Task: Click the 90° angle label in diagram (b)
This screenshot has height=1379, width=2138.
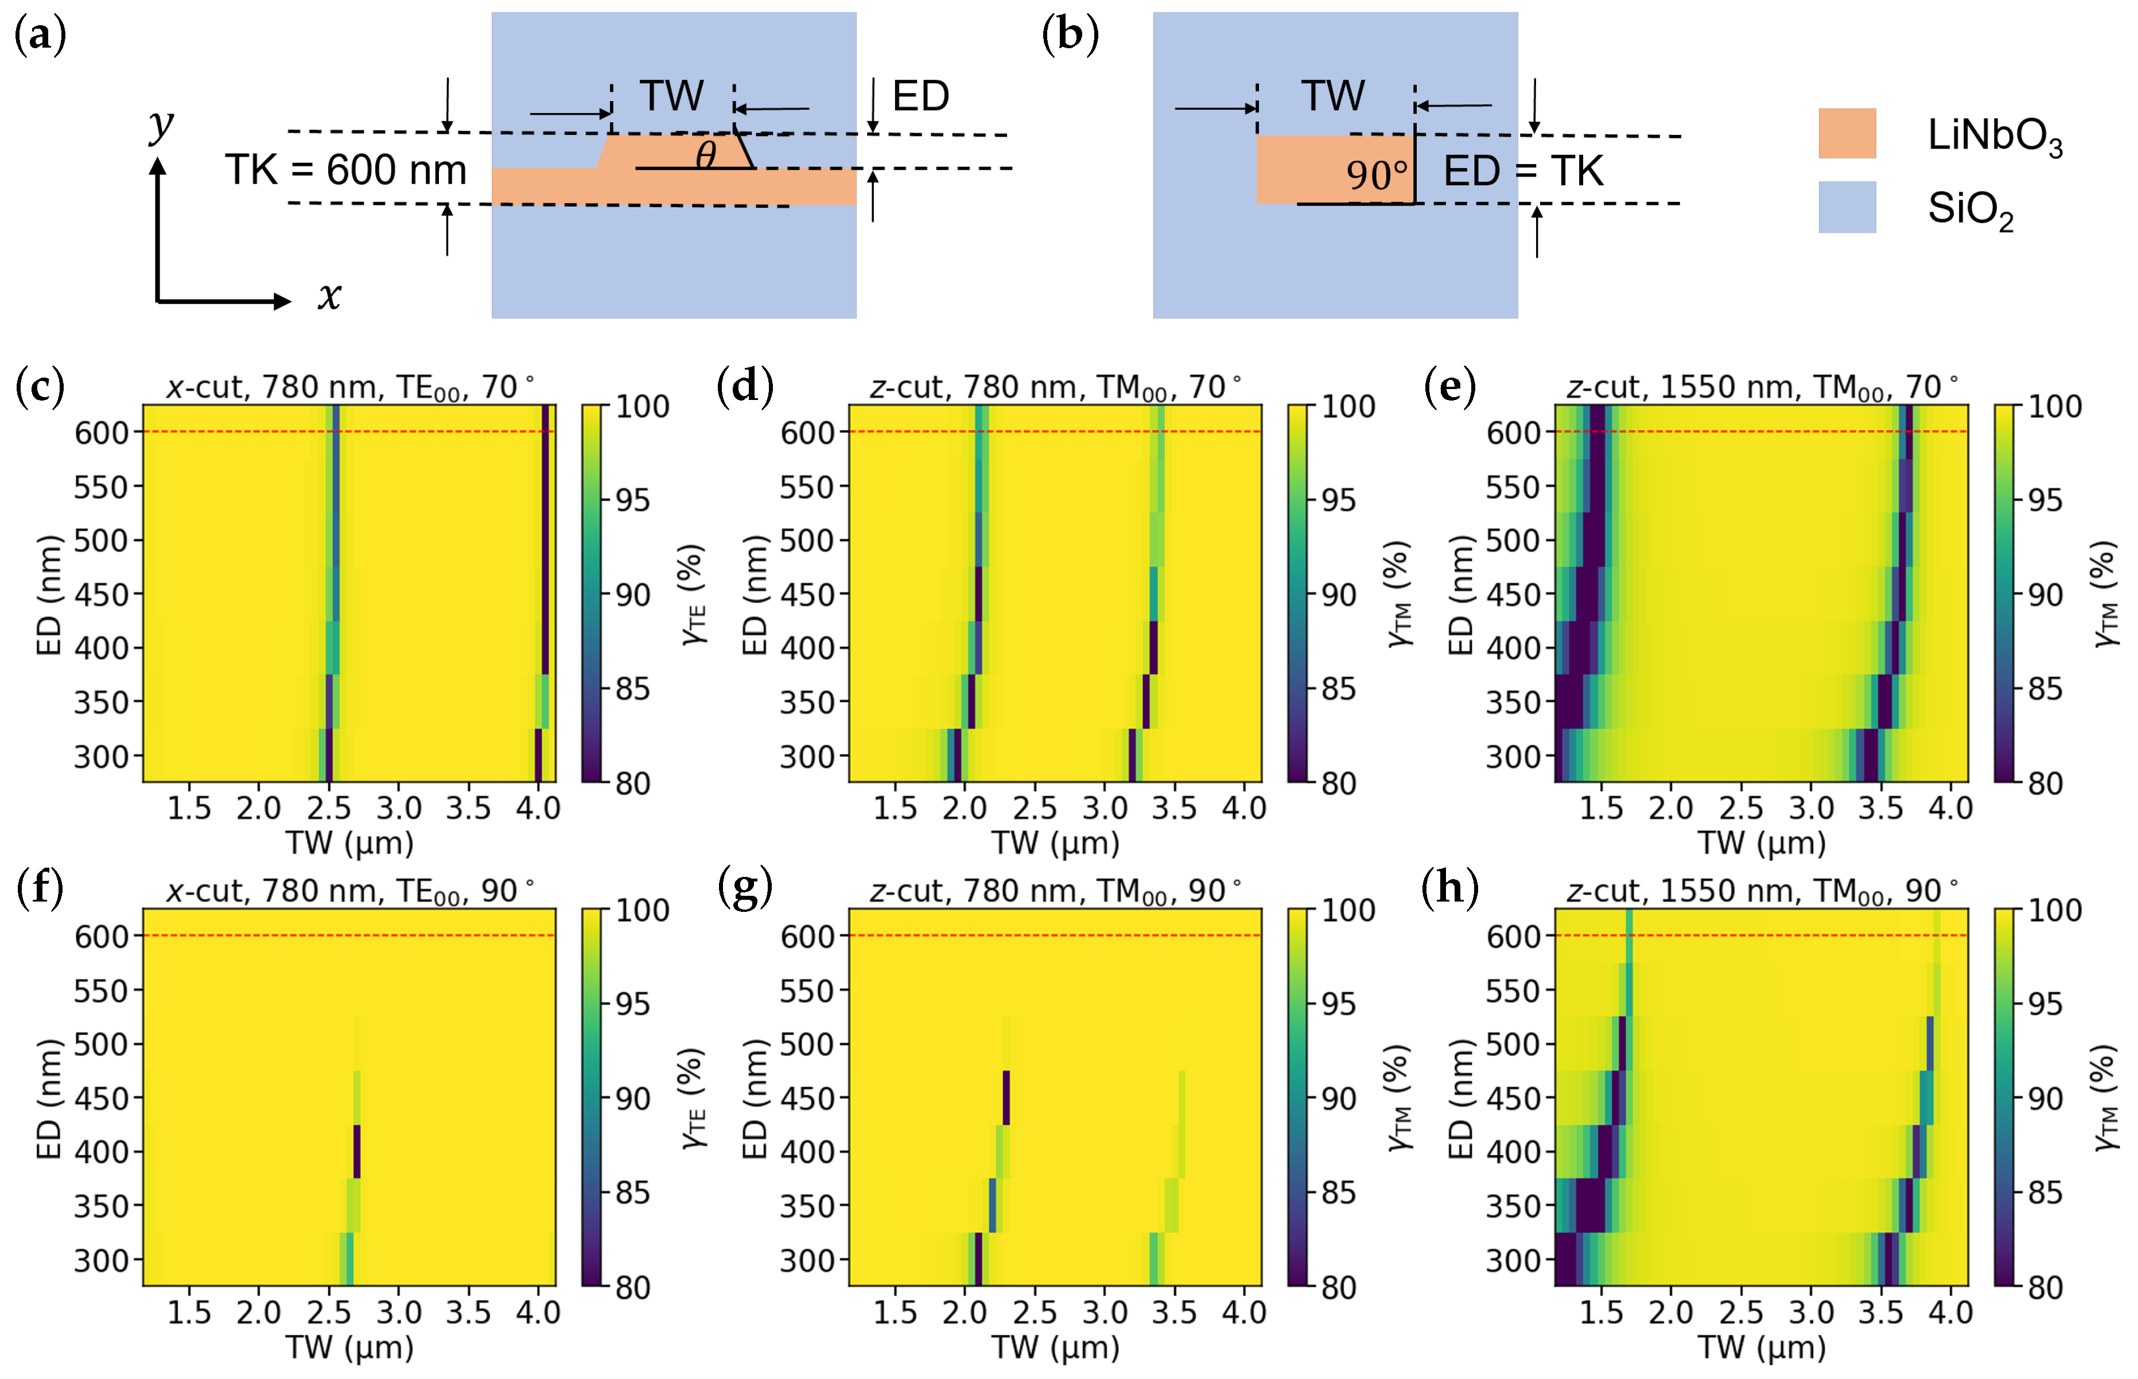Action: [1376, 174]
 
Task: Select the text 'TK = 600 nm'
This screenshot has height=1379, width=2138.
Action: [345, 170]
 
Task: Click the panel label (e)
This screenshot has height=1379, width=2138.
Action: [1449, 387]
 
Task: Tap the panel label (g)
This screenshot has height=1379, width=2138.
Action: [745, 889]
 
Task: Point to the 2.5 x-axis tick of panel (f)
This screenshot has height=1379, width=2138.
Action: [329, 1313]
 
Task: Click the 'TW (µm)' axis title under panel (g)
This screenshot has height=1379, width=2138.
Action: [1055, 1347]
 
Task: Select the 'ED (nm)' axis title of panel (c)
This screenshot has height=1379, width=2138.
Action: [48, 595]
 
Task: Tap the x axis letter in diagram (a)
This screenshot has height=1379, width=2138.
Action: [329, 296]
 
